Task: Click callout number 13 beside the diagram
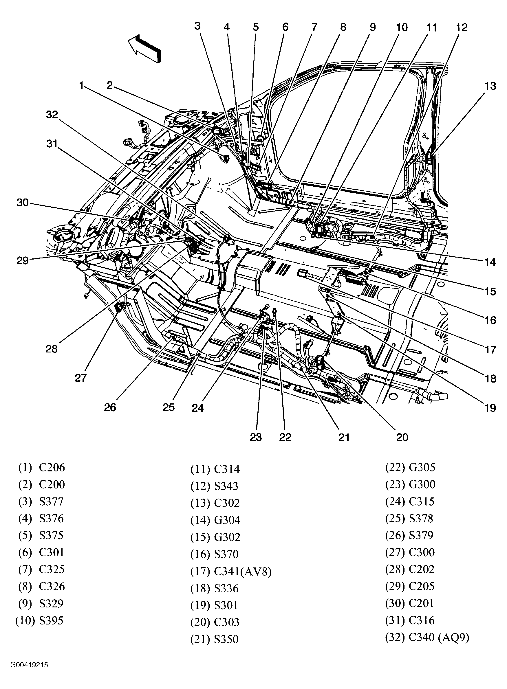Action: tap(490, 87)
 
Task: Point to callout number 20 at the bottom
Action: tap(402, 437)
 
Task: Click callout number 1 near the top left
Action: tap(81, 85)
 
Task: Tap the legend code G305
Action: tap(422, 467)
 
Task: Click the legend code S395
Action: tap(51, 620)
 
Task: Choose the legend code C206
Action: tap(52, 467)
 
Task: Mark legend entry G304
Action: tap(227, 520)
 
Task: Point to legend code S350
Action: tap(226, 639)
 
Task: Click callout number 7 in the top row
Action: tap(314, 27)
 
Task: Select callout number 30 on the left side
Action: tap(23, 203)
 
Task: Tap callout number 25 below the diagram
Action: tap(169, 407)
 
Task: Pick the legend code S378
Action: tap(421, 518)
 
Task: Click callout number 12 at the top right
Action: tap(461, 27)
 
